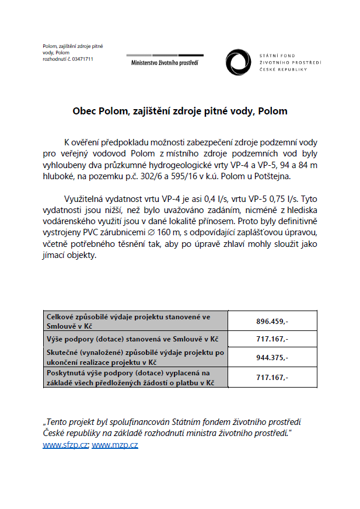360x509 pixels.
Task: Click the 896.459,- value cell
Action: (x=272, y=321)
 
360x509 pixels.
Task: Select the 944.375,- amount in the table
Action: (x=272, y=357)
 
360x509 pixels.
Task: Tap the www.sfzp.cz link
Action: (x=65, y=445)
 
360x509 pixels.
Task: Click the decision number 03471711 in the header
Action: (x=82, y=59)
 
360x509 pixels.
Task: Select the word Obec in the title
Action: (x=84, y=110)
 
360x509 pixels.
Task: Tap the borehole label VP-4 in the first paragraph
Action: (x=252, y=165)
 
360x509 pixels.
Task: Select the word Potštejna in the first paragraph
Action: (x=279, y=176)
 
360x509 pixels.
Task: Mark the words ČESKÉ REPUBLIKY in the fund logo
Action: (x=284, y=69)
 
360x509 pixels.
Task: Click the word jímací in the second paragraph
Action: (x=57, y=256)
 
